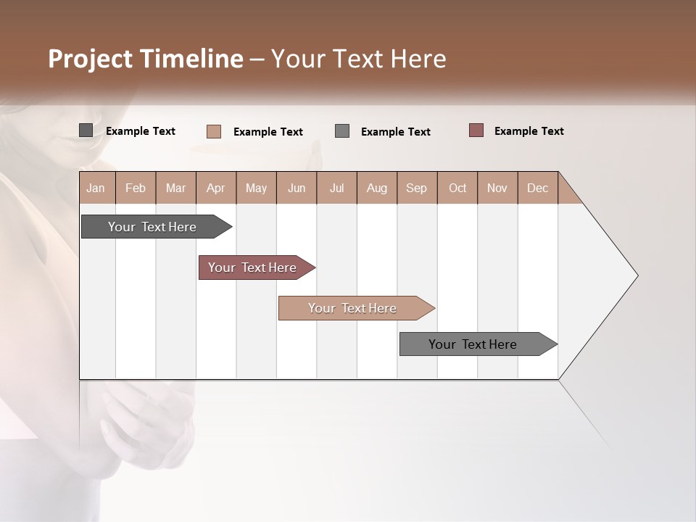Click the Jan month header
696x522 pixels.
coord(96,188)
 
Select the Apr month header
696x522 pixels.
coord(215,188)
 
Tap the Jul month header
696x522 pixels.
coord(336,188)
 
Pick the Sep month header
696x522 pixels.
coord(416,188)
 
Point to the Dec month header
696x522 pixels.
coord(537,188)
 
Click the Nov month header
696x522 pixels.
coord(497,188)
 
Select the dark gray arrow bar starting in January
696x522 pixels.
coord(152,227)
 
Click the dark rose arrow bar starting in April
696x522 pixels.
coord(252,268)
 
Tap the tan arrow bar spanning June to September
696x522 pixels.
coord(352,308)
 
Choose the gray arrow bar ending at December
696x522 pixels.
coord(473,344)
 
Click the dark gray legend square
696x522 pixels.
coord(86,130)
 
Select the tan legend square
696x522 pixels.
coord(213,131)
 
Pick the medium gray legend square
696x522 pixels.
coord(342,131)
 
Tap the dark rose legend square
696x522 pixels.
coord(476,130)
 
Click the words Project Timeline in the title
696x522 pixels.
coord(145,59)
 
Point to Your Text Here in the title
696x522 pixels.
coord(358,59)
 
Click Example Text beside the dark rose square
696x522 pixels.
coord(529,131)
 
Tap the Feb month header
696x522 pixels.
coord(136,188)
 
